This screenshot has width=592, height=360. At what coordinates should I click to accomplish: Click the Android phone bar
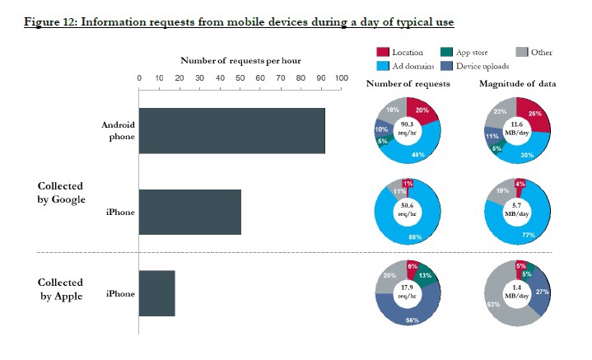[231, 130]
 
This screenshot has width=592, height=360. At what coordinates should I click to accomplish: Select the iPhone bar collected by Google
[189, 212]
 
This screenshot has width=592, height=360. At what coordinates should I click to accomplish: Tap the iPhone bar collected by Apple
[156, 293]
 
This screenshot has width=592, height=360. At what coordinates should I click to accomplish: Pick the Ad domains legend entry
[413, 67]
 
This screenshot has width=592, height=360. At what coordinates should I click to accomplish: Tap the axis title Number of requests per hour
[238, 61]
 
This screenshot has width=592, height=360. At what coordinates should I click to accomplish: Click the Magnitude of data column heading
[515, 84]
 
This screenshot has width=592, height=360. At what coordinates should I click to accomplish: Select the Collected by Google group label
[59, 193]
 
